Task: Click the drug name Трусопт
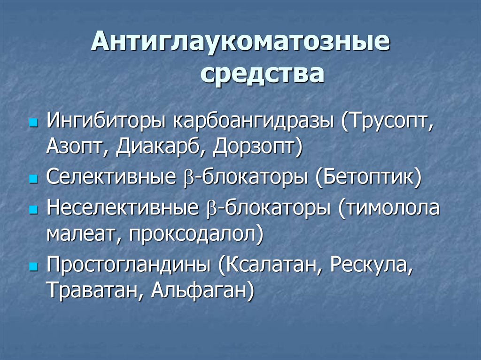389,123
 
